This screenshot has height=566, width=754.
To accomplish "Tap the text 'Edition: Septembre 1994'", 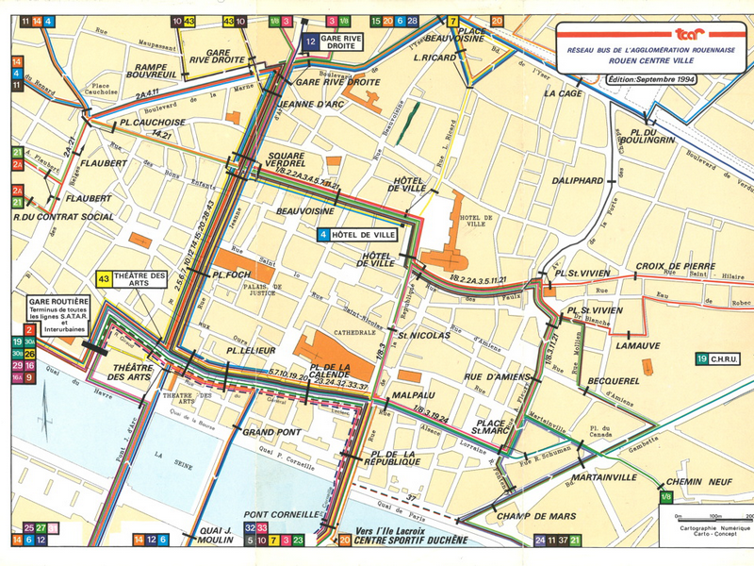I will tap(652, 80).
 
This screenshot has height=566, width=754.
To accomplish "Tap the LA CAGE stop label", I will tap(563, 93).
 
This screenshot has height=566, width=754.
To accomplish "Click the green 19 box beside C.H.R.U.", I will tap(702, 358).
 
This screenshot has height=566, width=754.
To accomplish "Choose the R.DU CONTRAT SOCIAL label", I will tap(64, 217).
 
